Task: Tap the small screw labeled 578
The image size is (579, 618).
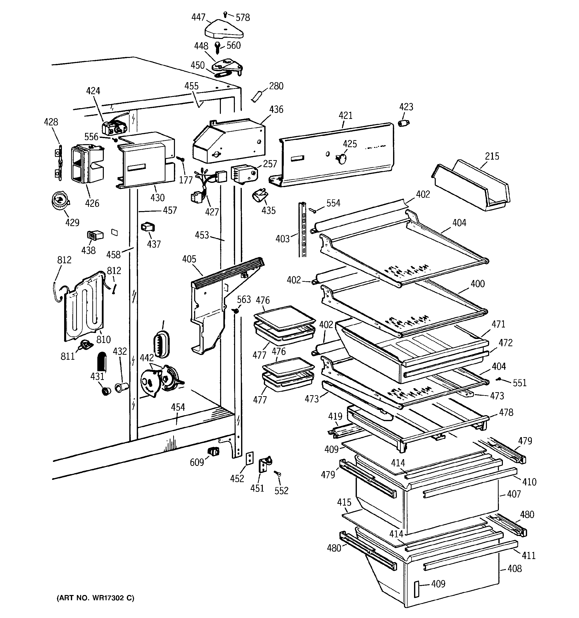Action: [x=225, y=14]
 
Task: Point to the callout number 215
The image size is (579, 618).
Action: [x=492, y=156]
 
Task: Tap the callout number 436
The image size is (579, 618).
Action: [x=276, y=109]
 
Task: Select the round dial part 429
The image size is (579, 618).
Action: [x=60, y=200]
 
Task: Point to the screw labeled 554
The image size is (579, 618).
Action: [x=314, y=211]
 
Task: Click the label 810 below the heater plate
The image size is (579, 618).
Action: [x=103, y=339]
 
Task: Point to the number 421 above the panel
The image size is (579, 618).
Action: [x=345, y=116]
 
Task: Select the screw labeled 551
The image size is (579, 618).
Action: [x=499, y=379]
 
